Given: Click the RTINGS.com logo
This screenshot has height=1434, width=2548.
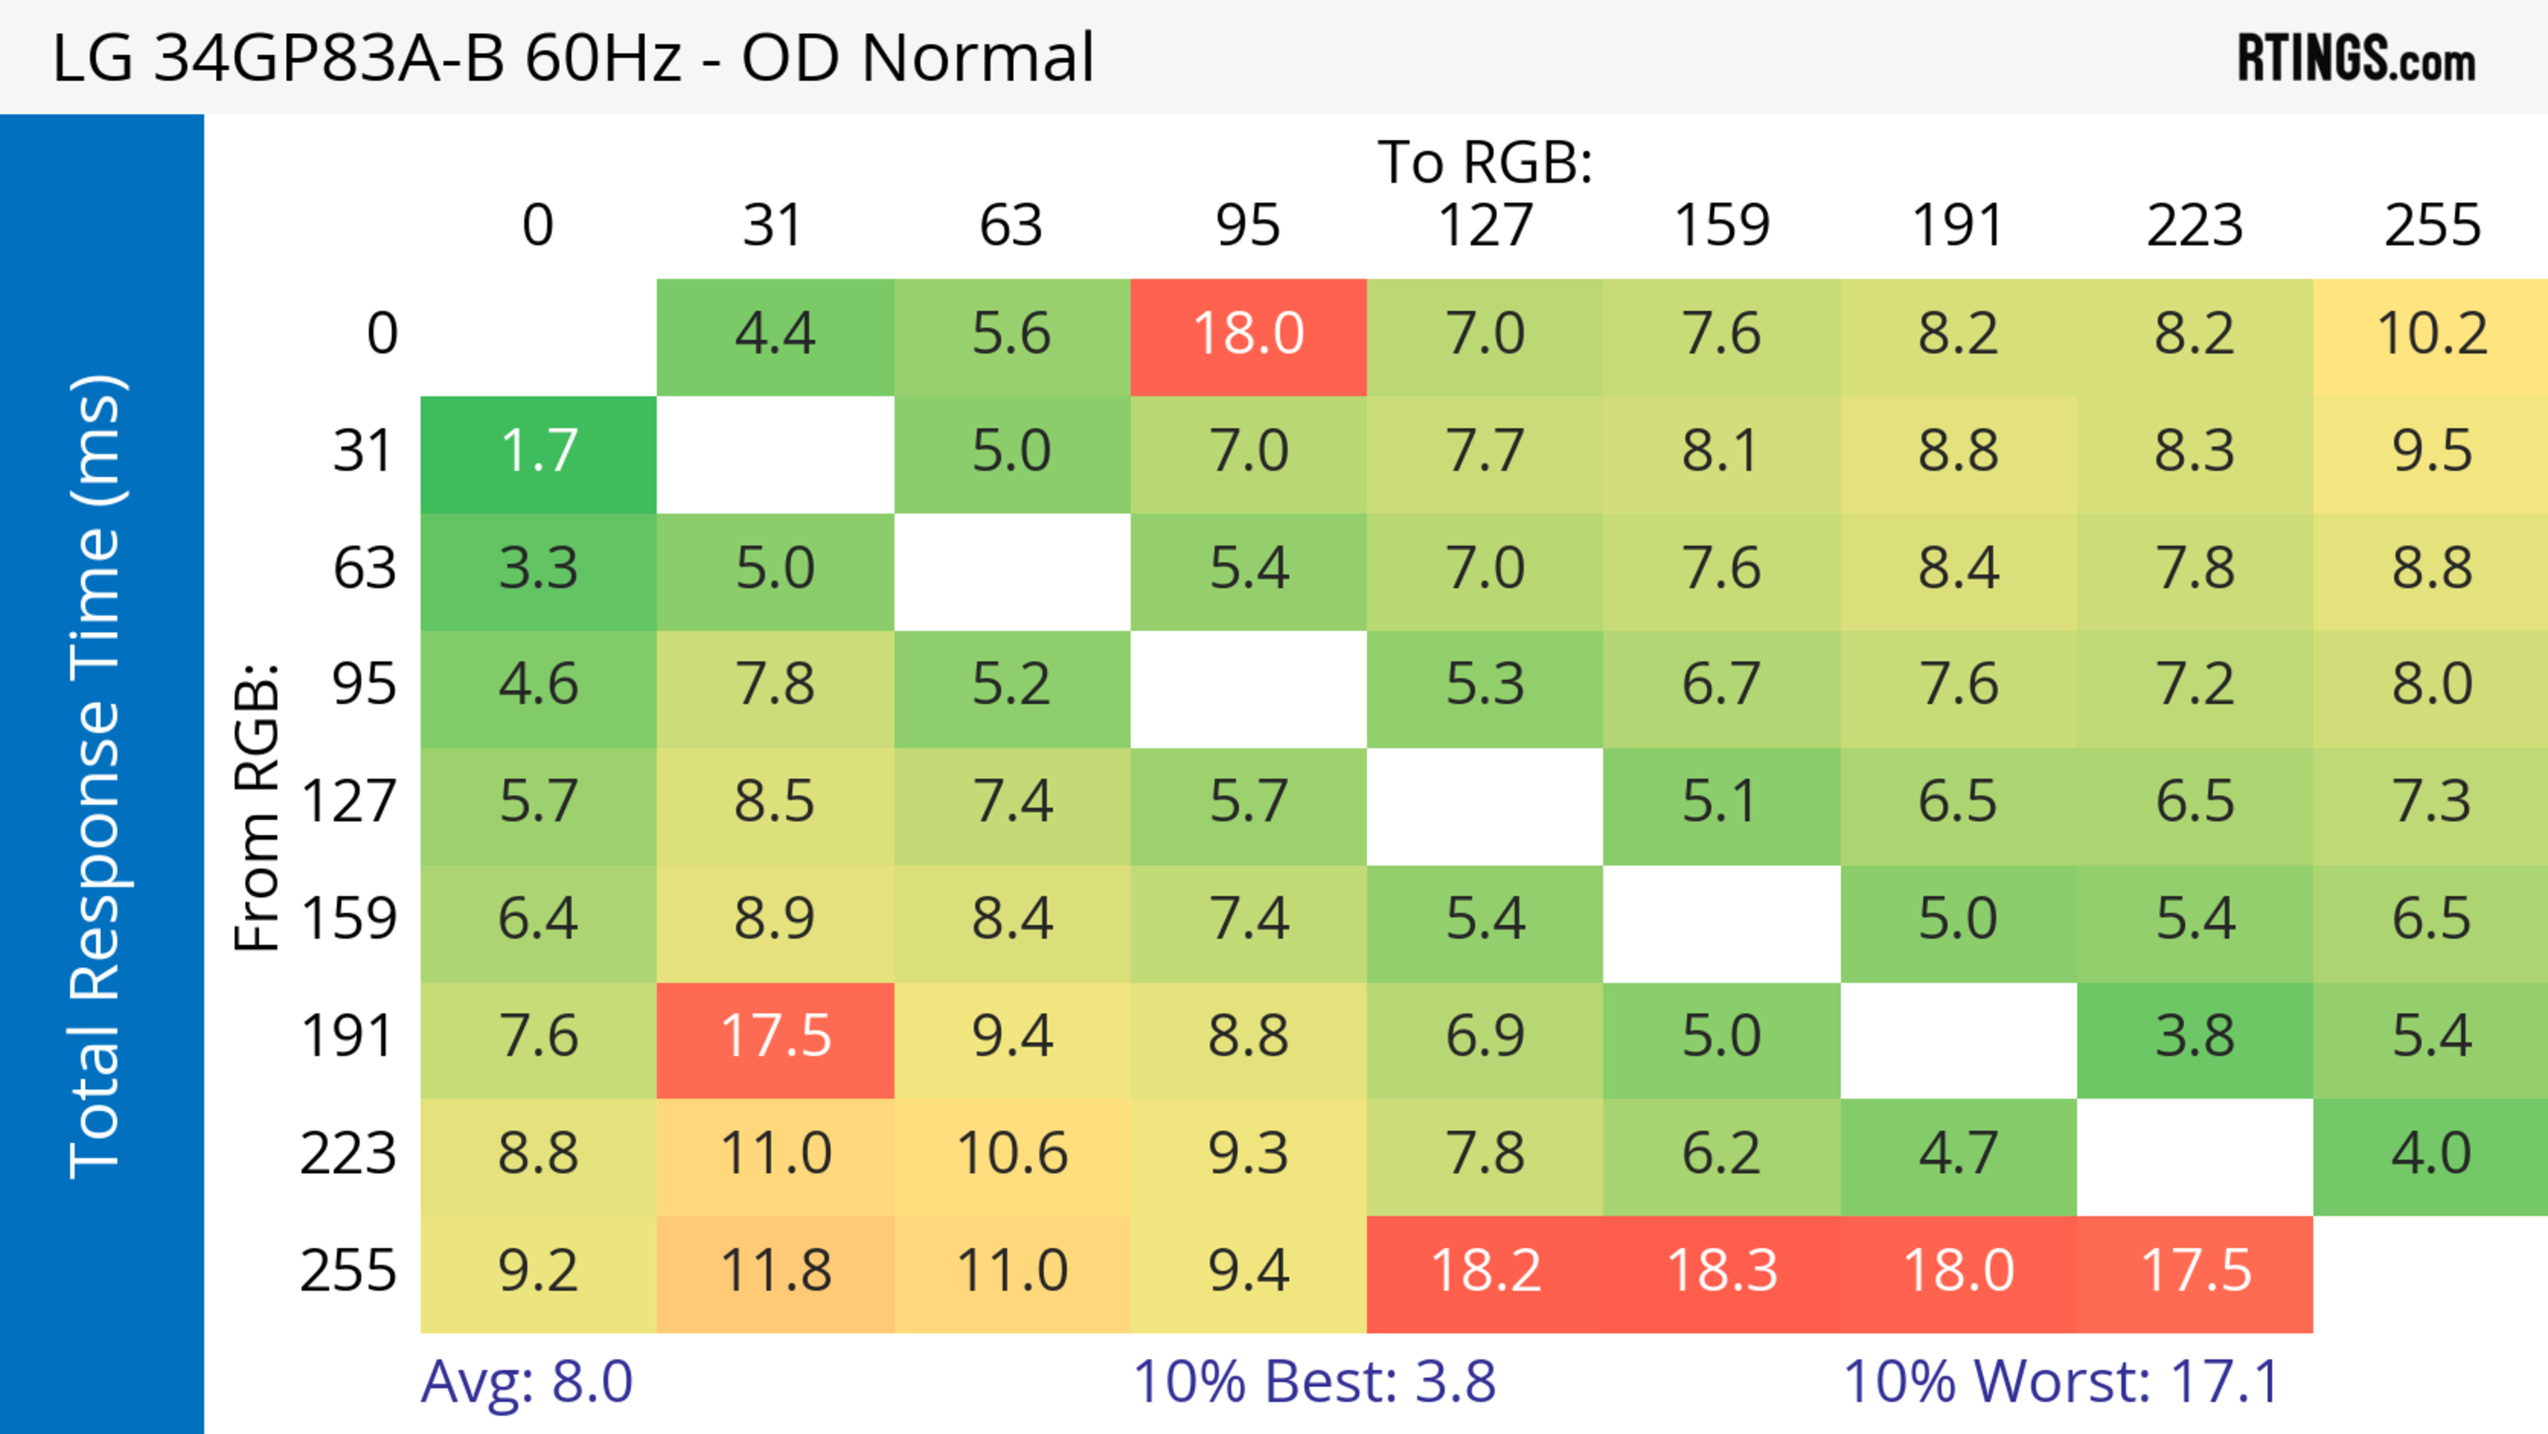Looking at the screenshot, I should (2356, 58).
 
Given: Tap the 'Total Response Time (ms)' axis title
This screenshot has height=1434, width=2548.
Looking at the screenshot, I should (97, 776).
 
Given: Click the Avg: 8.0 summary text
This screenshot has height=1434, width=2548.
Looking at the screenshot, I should (526, 1382).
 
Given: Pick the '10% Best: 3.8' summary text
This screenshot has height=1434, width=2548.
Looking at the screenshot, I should (1314, 1382).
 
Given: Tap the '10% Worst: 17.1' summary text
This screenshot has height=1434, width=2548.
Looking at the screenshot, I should (2062, 1382).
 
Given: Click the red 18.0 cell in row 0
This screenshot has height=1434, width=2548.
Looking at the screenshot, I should (1248, 334).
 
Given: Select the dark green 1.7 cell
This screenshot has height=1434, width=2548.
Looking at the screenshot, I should (538, 452).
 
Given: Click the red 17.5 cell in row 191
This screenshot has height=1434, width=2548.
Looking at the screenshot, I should (776, 1037).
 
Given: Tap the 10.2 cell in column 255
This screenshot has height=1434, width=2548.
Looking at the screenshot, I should (2431, 334).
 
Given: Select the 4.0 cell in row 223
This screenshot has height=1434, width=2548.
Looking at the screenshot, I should (2431, 1154).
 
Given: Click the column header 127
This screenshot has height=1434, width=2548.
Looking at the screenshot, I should (1485, 226).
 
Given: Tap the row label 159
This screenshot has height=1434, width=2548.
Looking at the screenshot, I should (349, 920).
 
